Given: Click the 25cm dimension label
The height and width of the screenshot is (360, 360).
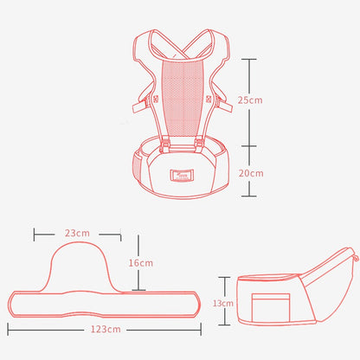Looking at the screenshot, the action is click(250, 100).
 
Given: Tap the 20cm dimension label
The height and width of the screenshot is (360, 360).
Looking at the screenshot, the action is click(251, 173).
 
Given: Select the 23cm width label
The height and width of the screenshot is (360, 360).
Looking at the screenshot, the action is click(77, 233).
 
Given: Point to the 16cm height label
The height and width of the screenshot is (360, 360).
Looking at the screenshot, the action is click(141, 263).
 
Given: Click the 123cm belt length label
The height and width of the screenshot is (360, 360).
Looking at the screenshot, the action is click(106, 329).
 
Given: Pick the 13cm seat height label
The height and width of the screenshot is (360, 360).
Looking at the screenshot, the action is click(223, 303).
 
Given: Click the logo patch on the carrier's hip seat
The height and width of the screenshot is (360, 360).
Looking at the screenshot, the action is click(182, 175).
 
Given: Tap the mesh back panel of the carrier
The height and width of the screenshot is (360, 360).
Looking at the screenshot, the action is click(182, 97).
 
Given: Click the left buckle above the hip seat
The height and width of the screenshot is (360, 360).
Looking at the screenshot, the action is click(165, 145).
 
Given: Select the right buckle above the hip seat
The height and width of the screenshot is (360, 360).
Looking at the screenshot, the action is click(199, 145).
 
